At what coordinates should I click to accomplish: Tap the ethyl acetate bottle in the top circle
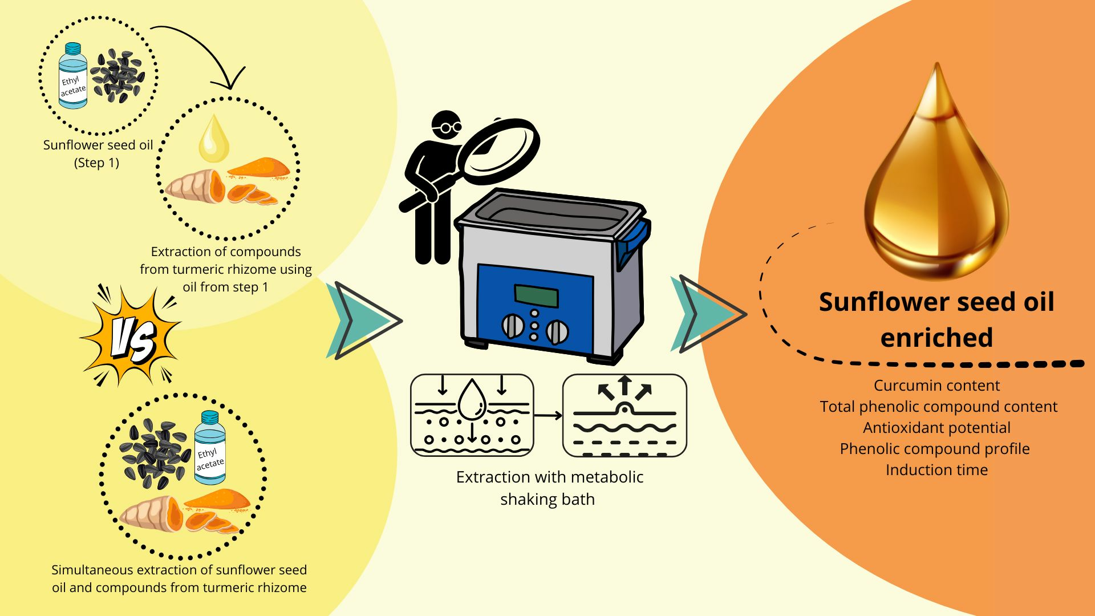click(73, 76)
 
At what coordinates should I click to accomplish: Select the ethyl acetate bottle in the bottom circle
click(209, 448)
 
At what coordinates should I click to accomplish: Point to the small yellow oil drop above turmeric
click(213, 139)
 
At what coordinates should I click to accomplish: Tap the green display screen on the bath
click(536, 296)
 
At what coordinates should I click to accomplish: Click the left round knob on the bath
click(512, 326)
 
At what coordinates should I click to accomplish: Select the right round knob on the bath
click(557, 331)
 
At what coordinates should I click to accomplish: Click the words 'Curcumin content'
click(936, 386)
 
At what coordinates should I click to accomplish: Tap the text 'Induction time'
click(936, 470)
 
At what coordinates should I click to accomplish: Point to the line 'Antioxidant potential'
click(936, 428)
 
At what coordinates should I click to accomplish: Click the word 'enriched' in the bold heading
click(936, 338)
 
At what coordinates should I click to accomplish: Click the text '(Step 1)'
click(97, 163)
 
